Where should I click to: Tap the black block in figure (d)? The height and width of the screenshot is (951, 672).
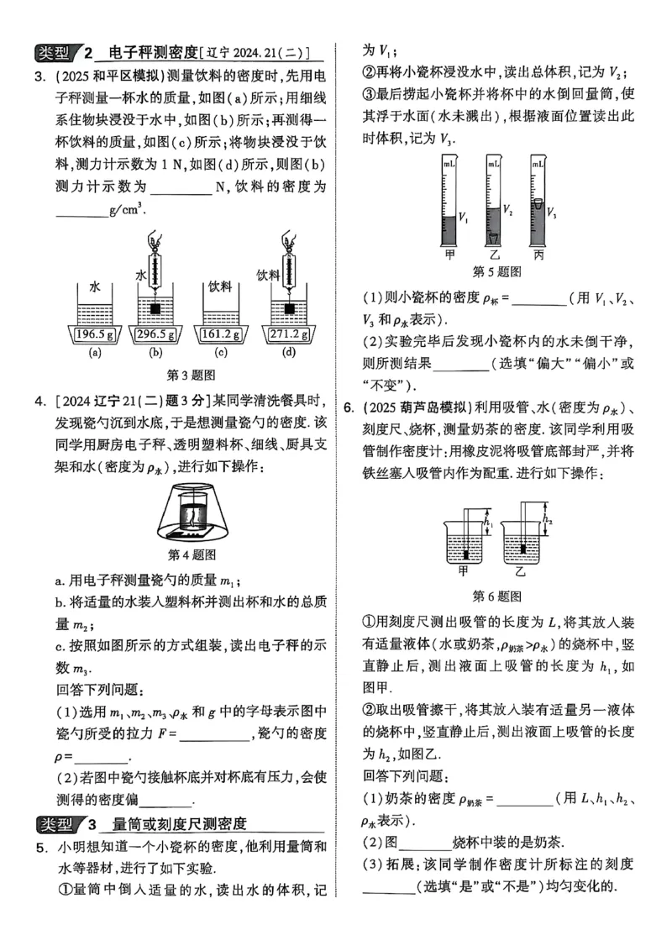coord(290,309)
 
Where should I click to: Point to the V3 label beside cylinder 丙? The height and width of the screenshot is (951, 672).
coord(552,213)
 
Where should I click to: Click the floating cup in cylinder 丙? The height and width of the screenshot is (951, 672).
coord(538,205)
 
